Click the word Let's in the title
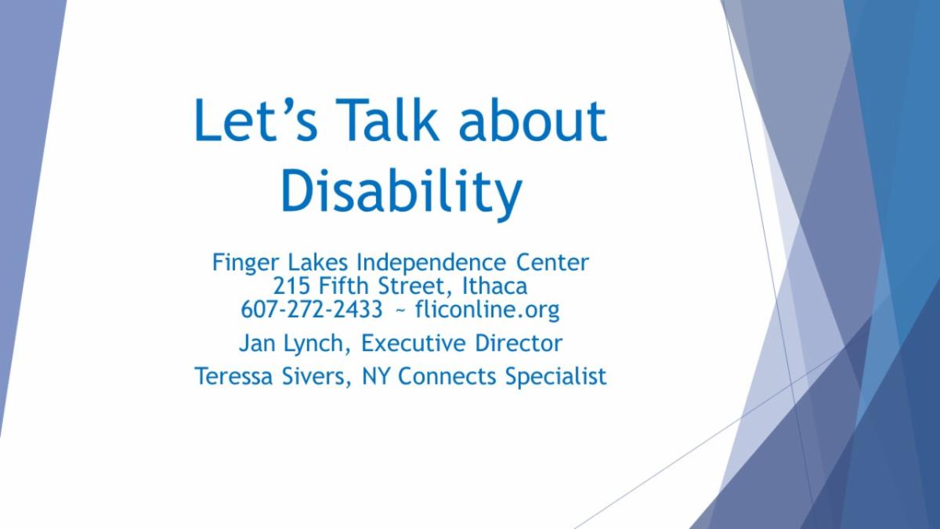[255, 120]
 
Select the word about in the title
[533, 119]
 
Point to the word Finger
[245, 263]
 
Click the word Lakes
[318, 263]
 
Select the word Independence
[432, 263]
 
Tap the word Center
[553, 263]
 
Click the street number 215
[291, 286]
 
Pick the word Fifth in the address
[344, 286]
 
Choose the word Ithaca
[495, 286]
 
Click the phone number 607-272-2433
[312, 310]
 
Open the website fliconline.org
[487, 310]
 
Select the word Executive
[414, 343]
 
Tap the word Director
[519, 343]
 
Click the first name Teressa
[233, 376]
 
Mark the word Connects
[447, 376]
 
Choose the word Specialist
[556, 377]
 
